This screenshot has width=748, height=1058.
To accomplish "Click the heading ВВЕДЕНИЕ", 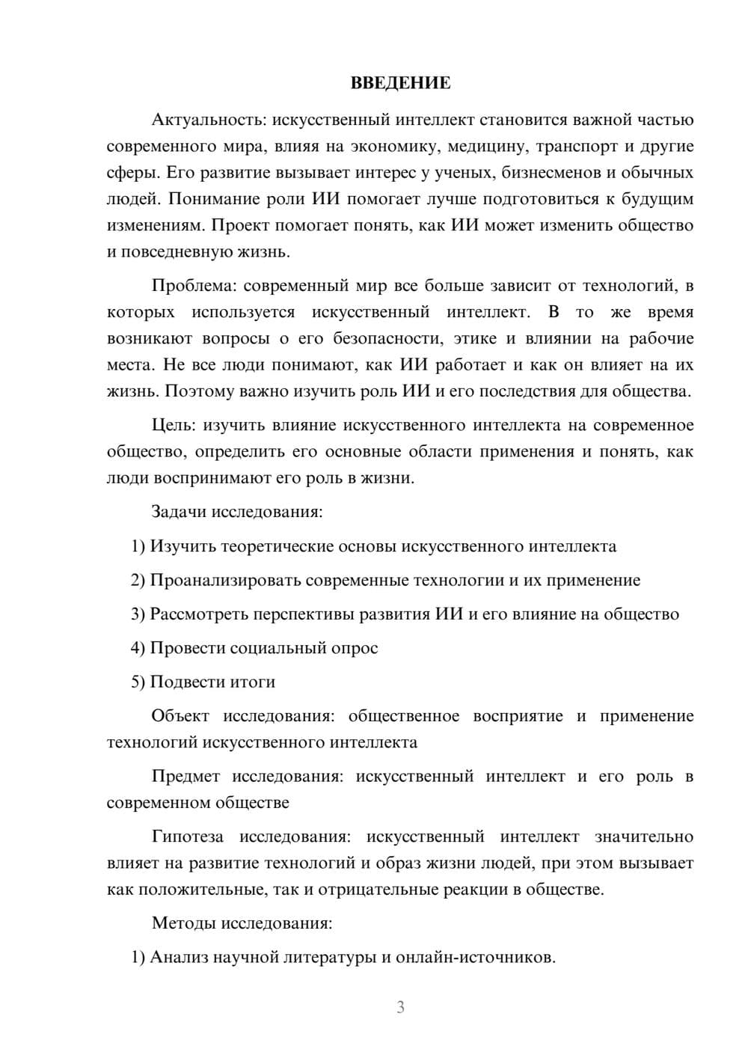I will pyautogui.click(x=401, y=83).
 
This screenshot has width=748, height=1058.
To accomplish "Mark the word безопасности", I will pyautogui.click(x=382, y=338).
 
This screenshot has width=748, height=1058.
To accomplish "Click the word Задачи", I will pyautogui.click(x=180, y=513).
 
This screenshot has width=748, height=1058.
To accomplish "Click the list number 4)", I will pyautogui.click(x=138, y=648).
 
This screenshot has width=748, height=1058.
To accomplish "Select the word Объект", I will pyautogui.click(x=180, y=716).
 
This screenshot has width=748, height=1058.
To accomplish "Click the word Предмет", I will pyautogui.click(x=186, y=776).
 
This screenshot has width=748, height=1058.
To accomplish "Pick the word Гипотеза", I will pyautogui.click(x=188, y=837).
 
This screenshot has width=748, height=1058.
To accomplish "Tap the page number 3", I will pyautogui.click(x=400, y=1007).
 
